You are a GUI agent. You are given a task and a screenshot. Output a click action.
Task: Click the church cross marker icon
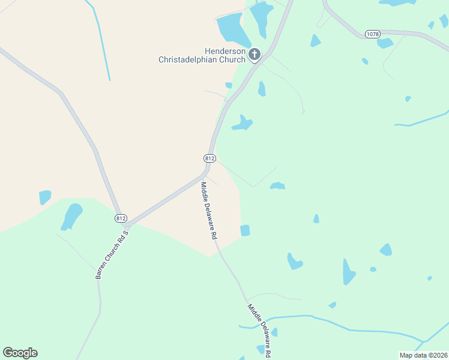click(255, 55)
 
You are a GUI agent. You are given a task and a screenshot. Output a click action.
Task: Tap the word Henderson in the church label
click(226, 52)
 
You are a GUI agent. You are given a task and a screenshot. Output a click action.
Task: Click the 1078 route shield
click(372, 35)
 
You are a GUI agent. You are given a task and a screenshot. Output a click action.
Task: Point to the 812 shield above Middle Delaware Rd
click(209, 158)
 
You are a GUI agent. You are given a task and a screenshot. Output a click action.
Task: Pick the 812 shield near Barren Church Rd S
click(121, 218)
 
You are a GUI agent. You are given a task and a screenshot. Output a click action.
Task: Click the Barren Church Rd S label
click(112, 254)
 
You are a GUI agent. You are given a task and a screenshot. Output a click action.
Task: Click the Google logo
click(20, 353)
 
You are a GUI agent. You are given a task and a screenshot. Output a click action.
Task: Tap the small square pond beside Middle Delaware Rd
click(245, 230)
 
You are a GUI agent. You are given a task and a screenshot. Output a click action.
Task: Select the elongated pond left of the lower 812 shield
click(71, 217)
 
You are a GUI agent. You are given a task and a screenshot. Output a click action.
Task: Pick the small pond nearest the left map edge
click(45, 197)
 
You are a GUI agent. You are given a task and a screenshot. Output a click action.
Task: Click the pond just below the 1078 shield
click(385, 43)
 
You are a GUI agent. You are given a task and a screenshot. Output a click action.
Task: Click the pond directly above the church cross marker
click(262, 18)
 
